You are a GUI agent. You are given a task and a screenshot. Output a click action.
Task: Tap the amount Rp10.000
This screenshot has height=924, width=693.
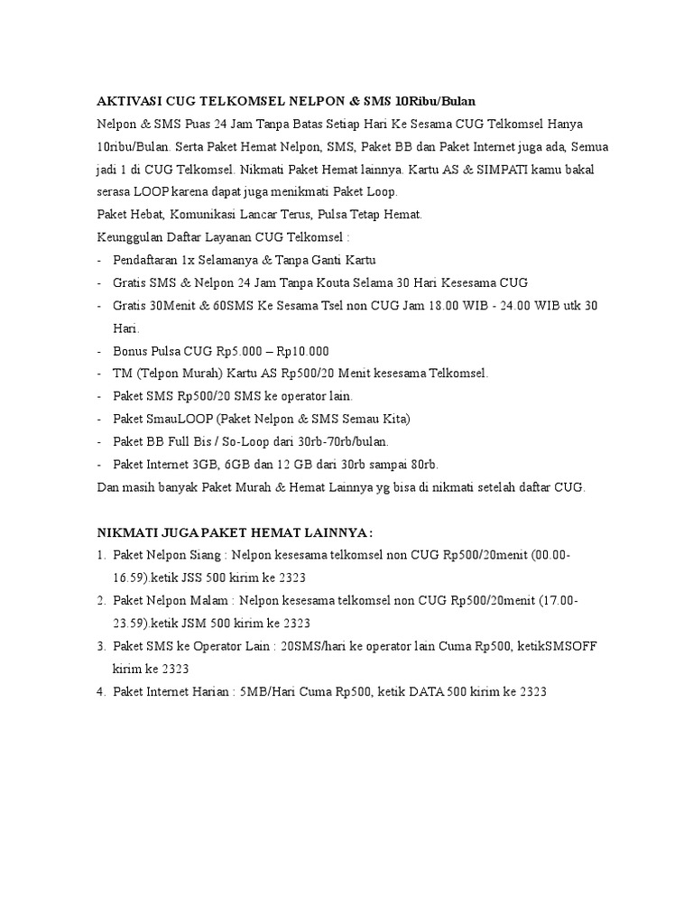pyautogui.click(x=301, y=351)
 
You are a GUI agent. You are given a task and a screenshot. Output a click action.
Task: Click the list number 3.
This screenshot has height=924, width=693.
pyautogui.click(x=101, y=647)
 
